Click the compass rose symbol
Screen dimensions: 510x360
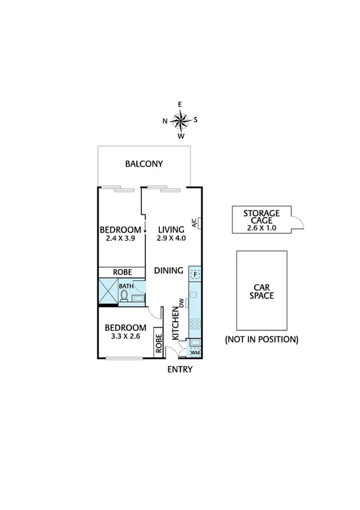(x=180, y=120)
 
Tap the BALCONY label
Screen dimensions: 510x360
(x=144, y=164)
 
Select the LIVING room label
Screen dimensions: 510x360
(x=171, y=229)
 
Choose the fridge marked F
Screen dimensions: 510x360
(x=194, y=274)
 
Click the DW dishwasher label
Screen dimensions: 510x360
(x=180, y=303)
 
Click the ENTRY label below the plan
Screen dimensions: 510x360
(x=180, y=369)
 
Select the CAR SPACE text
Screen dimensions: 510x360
(x=261, y=290)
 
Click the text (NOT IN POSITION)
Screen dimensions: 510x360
(x=261, y=339)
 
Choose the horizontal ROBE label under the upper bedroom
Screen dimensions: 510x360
(x=123, y=272)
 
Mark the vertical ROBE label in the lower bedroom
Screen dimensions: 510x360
(x=159, y=343)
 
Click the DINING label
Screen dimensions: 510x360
(x=168, y=271)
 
